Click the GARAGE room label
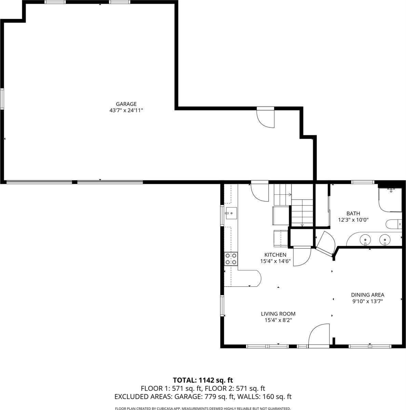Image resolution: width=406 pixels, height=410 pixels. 126,104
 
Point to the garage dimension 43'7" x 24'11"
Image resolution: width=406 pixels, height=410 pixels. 126,110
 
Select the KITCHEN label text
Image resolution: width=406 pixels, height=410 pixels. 275,255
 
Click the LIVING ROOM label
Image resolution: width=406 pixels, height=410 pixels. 278,314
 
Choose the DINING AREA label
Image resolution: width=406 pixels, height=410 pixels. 368,295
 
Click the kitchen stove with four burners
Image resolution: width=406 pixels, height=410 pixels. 231,259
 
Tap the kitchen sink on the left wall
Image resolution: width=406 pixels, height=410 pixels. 230,214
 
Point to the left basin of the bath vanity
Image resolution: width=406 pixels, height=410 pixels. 365,240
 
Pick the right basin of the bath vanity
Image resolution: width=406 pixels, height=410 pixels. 385,240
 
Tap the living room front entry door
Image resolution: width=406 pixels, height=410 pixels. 319,336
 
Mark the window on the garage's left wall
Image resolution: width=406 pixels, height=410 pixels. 2,99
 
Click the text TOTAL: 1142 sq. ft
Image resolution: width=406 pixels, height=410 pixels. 203,380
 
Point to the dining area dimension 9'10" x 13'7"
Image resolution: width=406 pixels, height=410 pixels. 368,301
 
